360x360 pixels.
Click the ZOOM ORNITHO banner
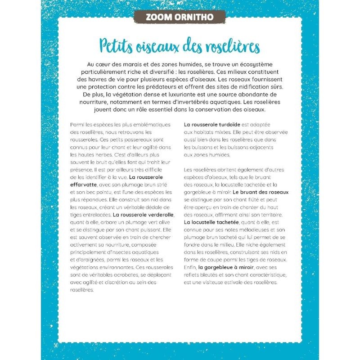[180, 18]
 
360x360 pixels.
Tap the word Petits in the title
[118, 46]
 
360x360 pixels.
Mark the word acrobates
[112, 274]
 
